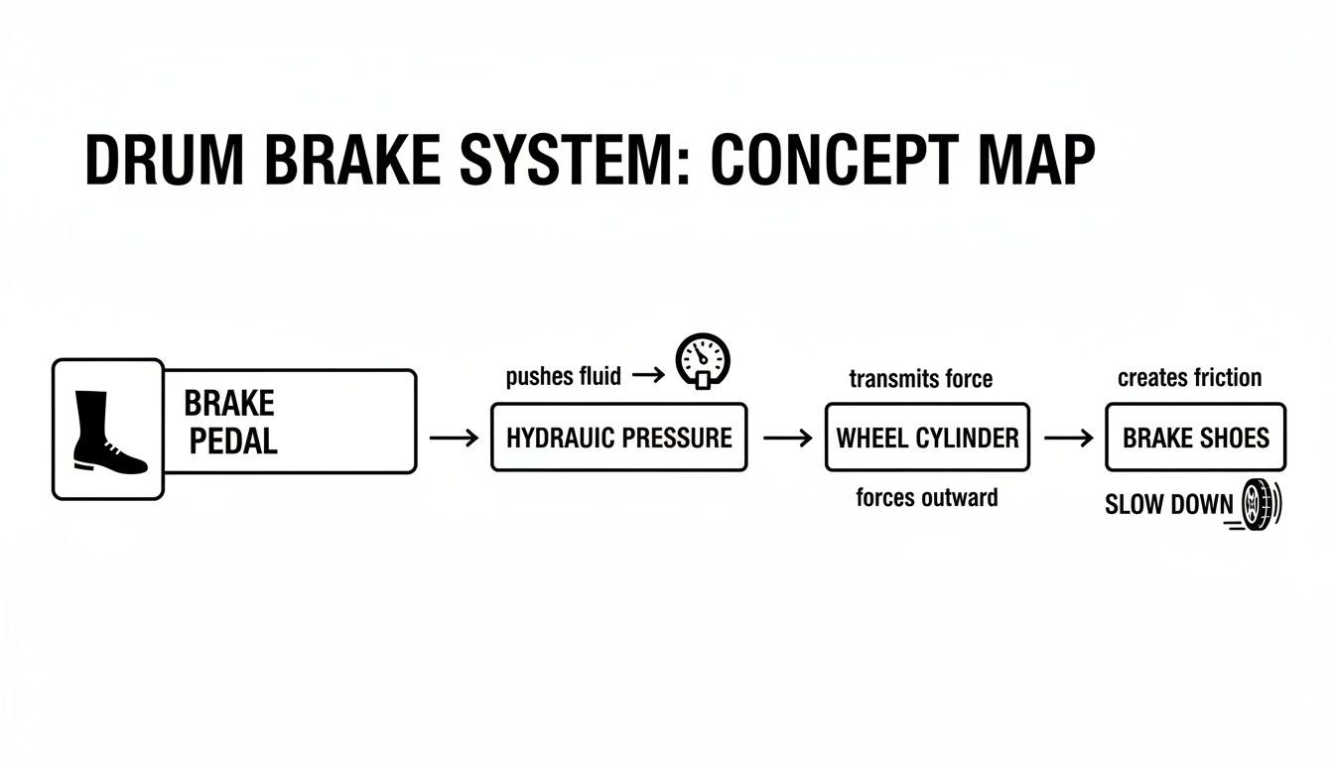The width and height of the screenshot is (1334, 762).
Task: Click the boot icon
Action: (x=108, y=430)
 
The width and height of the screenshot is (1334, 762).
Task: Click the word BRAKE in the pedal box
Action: (x=229, y=404)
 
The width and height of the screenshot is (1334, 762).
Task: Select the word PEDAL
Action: (x=233, y=442)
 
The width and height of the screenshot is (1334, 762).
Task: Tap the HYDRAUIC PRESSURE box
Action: (x=618, y=438)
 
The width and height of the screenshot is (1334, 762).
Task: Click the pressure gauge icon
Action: (x=702, y=360)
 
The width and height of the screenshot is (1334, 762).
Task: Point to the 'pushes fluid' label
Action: (x=563, y=376)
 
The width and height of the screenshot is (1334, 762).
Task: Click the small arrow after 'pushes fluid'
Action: (x=647, y=375)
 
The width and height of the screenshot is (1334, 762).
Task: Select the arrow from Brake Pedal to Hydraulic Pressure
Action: (x=454, y=438)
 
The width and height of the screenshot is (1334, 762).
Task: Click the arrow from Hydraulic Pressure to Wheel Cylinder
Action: (x=787, y=438)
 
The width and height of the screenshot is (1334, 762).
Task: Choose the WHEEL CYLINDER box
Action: (x=927, y=438)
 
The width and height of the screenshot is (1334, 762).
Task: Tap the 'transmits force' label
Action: (x=921, y=378)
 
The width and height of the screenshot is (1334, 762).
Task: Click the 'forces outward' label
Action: (x=927, y=497)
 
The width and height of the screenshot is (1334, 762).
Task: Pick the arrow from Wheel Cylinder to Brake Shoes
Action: (x=1068, y=438)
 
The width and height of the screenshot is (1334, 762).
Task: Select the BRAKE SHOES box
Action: (x=1195, y=438)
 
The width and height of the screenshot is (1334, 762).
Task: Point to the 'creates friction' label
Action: (x=1189, y=377)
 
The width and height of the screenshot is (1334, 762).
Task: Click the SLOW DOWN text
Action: (x=1168, y=504)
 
